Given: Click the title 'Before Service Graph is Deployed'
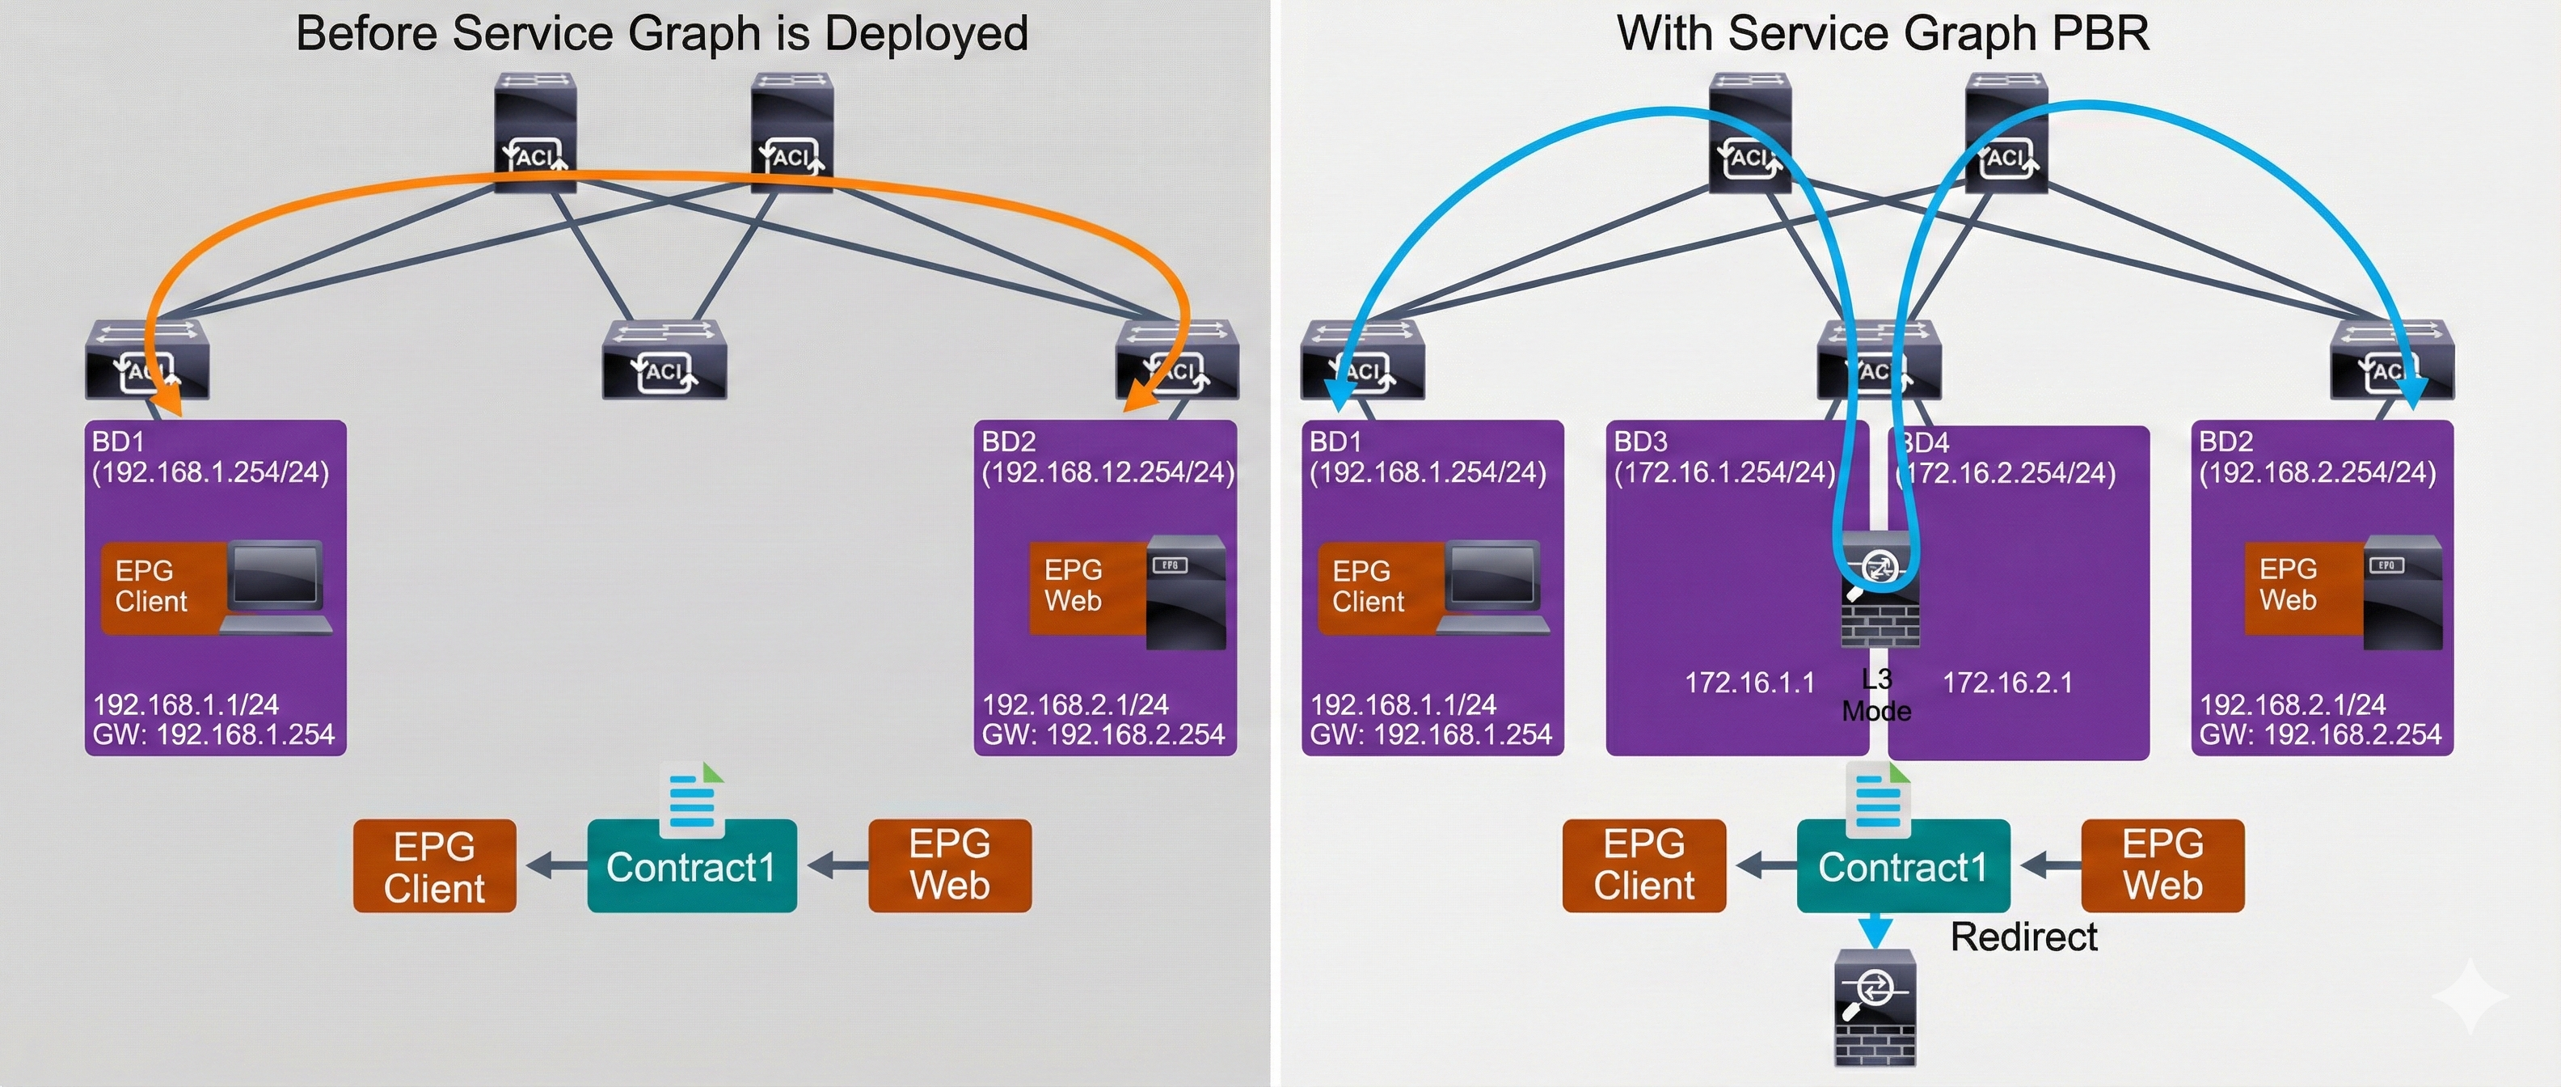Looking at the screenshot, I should point(661,34).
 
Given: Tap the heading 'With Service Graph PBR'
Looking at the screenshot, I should point(1883,34).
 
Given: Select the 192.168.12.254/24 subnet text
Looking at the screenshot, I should point(1108,472).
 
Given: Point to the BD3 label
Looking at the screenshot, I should point(1640,442).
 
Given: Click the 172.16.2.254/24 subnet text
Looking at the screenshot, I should point(2010,473).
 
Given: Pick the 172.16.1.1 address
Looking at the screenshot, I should point(1749,683).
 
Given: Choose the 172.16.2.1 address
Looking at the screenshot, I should point(2008,683).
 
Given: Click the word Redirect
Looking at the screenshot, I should point(2023,937).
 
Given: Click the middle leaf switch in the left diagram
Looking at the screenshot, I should point(665,360).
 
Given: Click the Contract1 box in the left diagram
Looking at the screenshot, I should point(691,867).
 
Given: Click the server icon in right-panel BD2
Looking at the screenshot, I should point(2402,593).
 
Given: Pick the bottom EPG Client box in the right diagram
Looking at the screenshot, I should point(1643,865).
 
